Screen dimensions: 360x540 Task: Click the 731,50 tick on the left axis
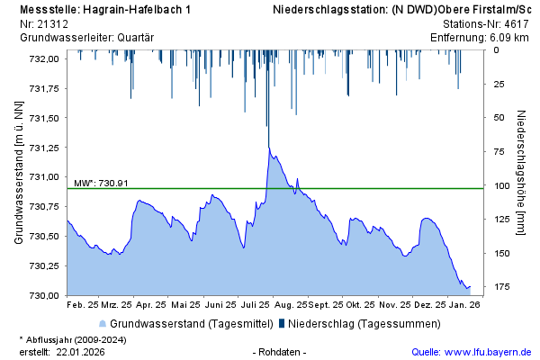[x=42, y=118]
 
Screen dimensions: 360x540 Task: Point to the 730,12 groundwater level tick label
[x=42, y=265]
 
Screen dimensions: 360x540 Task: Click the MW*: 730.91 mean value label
[x=101, y=183]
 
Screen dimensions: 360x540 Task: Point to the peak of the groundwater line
[x=269, y=147]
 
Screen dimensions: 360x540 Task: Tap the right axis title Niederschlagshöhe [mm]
[x=521, y=173]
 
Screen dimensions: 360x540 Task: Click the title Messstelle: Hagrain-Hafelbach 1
[x=104, y=10]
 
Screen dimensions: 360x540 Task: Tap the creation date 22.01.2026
[x=80, y=352]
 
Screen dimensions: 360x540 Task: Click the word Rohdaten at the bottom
[x=280, y=352]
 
